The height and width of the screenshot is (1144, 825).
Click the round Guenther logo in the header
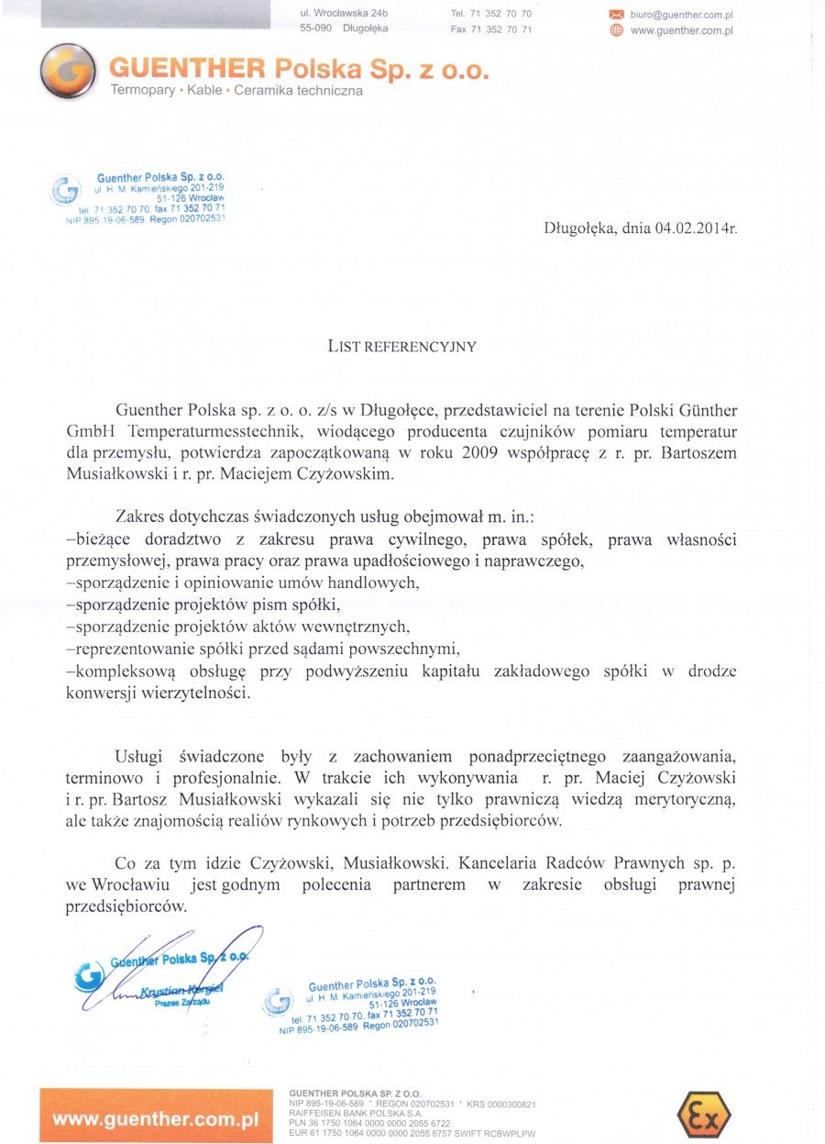[68, 72]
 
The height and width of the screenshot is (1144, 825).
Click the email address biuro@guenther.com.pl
[681, 15]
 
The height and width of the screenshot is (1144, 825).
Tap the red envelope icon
[616, 15]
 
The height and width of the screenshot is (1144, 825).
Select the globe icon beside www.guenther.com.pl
[616, 30]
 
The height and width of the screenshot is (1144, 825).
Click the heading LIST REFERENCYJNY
[402, 347]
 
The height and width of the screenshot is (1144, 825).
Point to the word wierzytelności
[192, 693]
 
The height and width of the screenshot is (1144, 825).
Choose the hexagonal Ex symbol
[703, 1114]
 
